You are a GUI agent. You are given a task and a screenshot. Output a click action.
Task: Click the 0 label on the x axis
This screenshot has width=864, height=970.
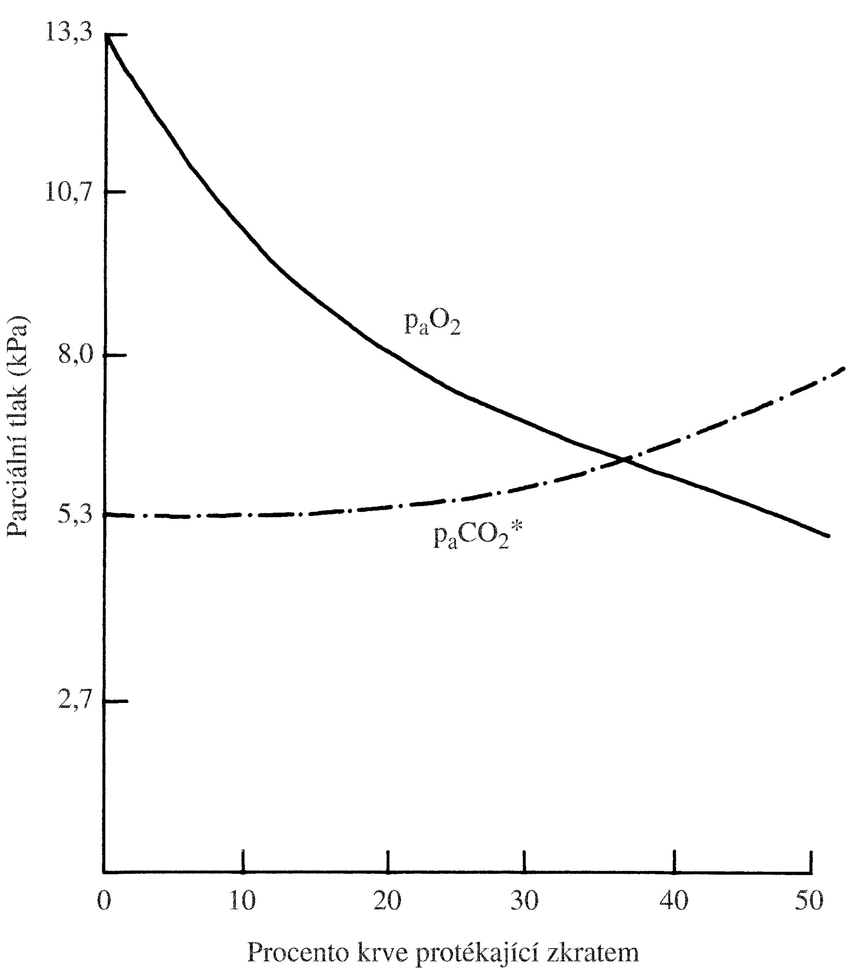[x=104, y=900]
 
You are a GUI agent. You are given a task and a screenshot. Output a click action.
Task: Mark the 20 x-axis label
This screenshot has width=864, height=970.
[x=387, y=900]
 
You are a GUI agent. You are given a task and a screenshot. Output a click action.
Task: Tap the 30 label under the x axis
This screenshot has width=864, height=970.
[x=525, y=900]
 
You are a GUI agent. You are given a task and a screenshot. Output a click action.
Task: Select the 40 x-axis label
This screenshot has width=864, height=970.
[x=674, y=900]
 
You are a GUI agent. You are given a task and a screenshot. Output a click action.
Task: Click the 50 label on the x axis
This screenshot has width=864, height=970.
[x=809, y=900]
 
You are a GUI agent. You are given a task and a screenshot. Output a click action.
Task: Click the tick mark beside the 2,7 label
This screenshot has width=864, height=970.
[x=116, y=701]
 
